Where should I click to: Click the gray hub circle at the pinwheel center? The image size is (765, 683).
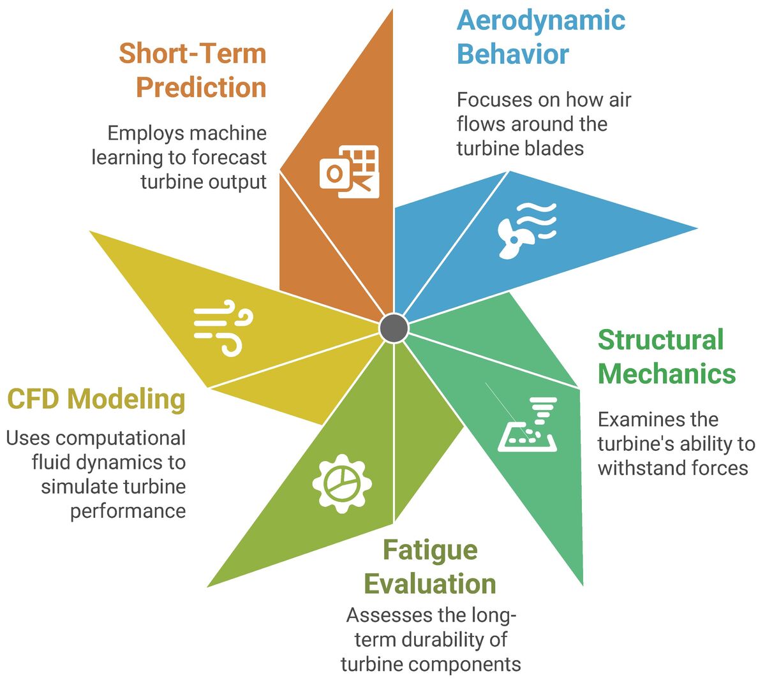[x=393, y=328]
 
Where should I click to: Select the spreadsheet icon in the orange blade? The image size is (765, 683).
[x=349, y=172]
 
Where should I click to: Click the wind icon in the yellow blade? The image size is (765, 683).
[x=223, y=328]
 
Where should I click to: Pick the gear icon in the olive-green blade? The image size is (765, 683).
[x=342, y=483]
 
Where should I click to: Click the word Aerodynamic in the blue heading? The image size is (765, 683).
[x=540, y=20]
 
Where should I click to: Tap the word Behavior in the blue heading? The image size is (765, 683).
[x=512, y=54]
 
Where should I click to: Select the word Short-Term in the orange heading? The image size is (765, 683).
[x=192, y=53]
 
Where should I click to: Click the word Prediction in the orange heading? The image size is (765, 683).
[x=201, y=87]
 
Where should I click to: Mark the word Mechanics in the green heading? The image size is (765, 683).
[x=667, y=374]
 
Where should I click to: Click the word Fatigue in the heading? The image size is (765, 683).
[x=430, y=550]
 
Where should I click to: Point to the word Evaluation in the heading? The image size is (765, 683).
[x=430, y=584]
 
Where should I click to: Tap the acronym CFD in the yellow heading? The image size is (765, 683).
[x=34, y=399]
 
